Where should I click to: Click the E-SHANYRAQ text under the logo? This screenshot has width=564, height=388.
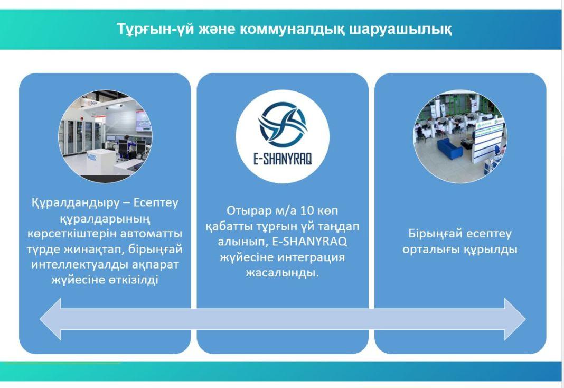283,159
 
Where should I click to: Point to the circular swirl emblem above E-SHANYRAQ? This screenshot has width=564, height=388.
283,125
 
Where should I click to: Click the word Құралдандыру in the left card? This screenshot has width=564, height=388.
75,203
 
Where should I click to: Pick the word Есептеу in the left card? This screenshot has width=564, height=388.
156,202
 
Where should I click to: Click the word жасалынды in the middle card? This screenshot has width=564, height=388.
283,273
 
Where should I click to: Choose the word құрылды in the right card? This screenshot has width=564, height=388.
490,250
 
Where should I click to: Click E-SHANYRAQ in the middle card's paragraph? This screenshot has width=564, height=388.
309,242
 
